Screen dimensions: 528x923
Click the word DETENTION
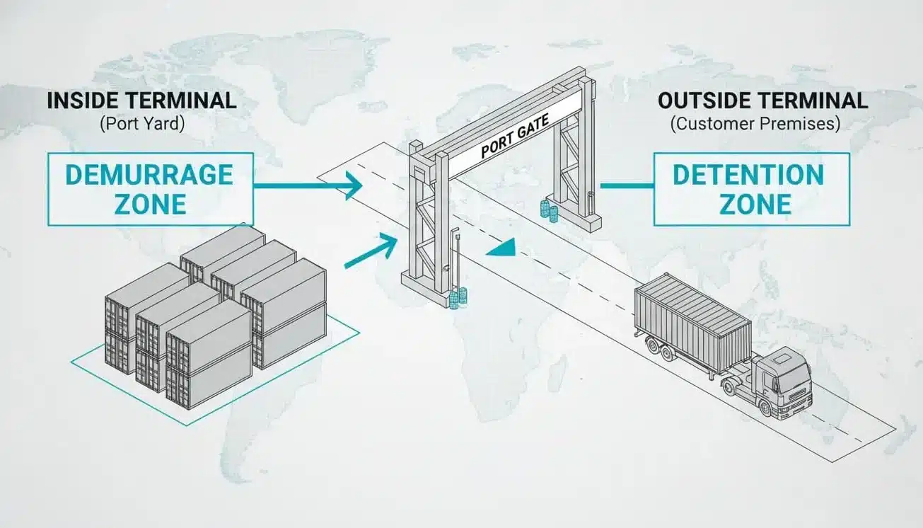(748, 174)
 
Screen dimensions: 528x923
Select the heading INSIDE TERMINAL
(141, 101)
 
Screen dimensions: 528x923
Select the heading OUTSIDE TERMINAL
(762, 101)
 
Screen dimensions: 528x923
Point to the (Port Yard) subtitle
(141, 124)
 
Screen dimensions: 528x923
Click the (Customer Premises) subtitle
(755, 124)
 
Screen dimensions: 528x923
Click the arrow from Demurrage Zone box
(308, 187)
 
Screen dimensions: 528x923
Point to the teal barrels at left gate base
(458, 297)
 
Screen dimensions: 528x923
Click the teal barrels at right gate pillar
(547, 210)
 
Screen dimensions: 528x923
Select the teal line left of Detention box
(627, 187)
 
